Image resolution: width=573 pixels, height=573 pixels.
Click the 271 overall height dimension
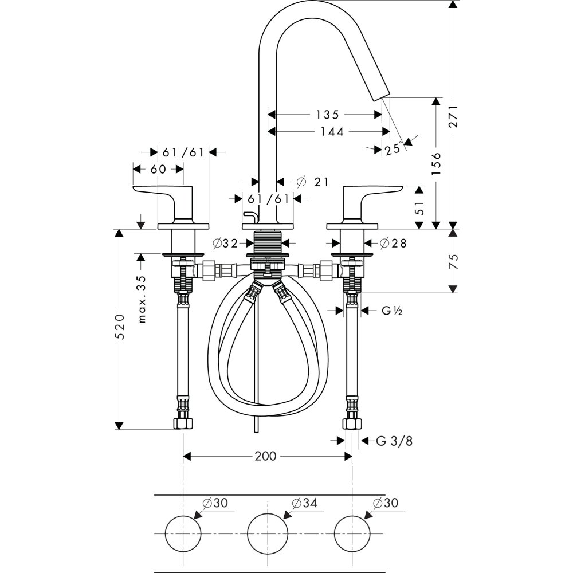[x=453, y=116]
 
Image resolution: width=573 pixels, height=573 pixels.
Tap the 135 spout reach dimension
[x=327, y=115]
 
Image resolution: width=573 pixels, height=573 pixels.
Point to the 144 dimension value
[x=332, y=132]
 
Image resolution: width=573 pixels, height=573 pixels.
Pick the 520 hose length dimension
[x=120, y=326]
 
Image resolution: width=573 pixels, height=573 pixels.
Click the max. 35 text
[x=142, y=299]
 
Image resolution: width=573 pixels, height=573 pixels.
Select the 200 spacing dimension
[x=266, y=456]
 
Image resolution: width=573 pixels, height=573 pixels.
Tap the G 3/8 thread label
[x=394, y=441]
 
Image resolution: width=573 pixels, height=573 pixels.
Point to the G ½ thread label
[x=392, y=311]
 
